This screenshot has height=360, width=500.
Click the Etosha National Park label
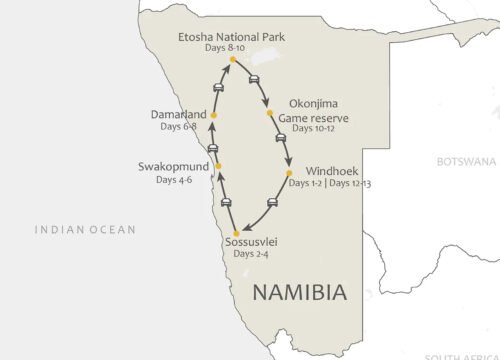(232, 36)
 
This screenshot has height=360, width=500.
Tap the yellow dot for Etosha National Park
(232, 60)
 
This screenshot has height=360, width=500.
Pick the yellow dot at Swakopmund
(217, 166)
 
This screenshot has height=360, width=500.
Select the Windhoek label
(325, 171)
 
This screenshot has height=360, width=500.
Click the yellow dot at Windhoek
(289, 173)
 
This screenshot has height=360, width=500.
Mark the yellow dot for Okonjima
(271, 113)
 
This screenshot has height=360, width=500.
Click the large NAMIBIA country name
(299, 292)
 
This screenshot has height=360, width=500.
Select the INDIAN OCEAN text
(85, 230)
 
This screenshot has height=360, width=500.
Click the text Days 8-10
(231, 49)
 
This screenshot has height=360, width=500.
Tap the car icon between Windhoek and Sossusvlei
(272, 203)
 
